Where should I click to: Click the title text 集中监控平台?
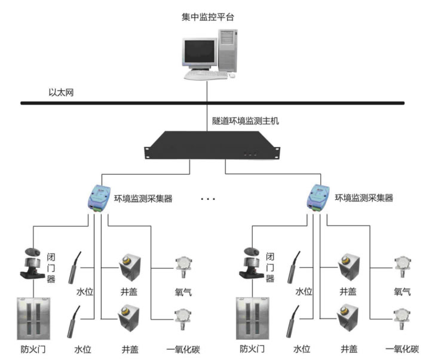[208, 17]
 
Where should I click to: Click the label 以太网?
[61, 93]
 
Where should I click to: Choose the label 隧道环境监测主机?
[246, 120]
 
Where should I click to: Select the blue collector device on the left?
[97, 197]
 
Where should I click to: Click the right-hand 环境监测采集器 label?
[364, 198]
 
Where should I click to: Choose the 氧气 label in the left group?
[182, 292]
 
